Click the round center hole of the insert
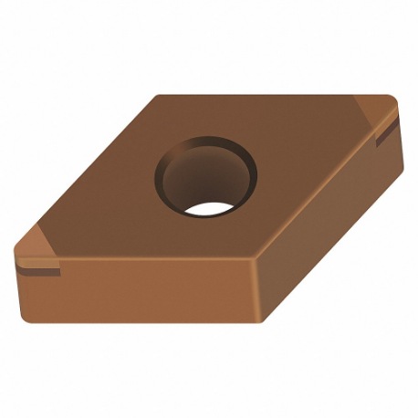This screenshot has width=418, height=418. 206,175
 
